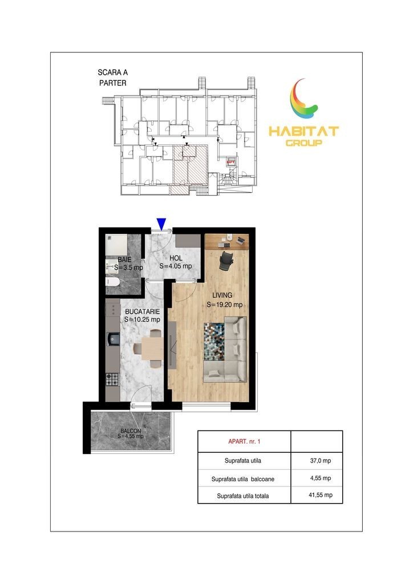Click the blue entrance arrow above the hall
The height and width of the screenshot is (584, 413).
pyautogui.click(x=161, y=224)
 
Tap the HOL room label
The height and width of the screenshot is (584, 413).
pyautogui.click(x=176, y=258)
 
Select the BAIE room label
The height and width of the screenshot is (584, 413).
pyautogui.click(x=124, y=259)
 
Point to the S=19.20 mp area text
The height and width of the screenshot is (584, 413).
pyautogui.click(x=225, y=305)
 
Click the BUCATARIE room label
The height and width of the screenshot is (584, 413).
pyautogui.click(x=142, y=311)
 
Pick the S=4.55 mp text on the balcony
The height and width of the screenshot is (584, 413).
pyautogui.click(x=131, y=436)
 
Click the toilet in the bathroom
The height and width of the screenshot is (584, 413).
pyautogui.click(x=112, y=282)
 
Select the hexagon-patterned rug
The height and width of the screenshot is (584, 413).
pyautogui.click(x=214, y=342)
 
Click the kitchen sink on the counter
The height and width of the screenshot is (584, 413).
pyautogui.click(x=113, y=339)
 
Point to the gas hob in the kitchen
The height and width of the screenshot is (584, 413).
pyautogui.click(x=112, y=379)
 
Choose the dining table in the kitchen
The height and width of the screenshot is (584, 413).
pyautogui.click(x=152, y=348)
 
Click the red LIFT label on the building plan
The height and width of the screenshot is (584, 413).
pyautogui.click(x=231, y=162)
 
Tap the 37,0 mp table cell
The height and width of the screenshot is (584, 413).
pyautogui.click(x=320, y=461)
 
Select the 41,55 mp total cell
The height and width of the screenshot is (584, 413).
pyautogui.click(x=320, y=495)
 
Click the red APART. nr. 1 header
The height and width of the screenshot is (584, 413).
pyautogui.click(x=244, y=441)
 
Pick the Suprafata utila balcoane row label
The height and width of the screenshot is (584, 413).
pyautogui.click(x=243, y=479)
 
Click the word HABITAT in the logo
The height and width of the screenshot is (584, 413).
pyautogui.click(x=303, y=131)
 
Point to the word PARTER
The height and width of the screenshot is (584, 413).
pyautogui.click(x=113, y=83)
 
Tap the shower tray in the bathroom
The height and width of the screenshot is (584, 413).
pyautogui.click(x=116, y=244)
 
